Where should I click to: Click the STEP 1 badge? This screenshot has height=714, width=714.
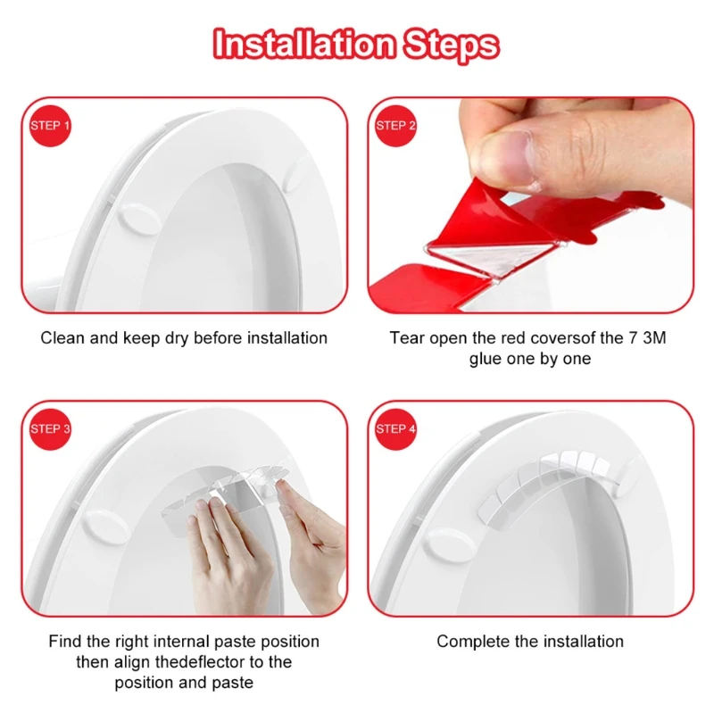point(50,126)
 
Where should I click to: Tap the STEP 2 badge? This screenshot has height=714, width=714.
point(396,126)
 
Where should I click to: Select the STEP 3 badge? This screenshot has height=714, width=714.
point(50,429)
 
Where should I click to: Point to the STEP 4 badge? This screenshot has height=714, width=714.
point(396,429)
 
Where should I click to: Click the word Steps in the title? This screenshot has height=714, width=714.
point(451,44)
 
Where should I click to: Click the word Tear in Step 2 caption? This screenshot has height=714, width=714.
point(406,338)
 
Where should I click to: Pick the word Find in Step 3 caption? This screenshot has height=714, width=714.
point(64,642)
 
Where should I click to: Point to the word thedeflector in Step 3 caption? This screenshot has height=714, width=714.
point(198,662)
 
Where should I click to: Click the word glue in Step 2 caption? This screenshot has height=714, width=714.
point(487,359)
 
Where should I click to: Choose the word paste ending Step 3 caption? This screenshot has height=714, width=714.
point(234,683)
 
